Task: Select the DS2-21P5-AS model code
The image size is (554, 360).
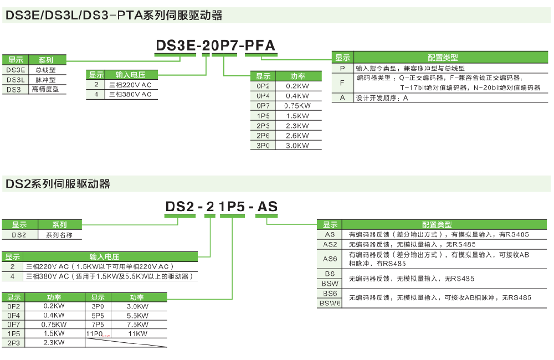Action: coord(222,207)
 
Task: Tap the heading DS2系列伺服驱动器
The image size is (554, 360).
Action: coord(58,184)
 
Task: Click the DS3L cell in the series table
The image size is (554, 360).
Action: coord(16,79)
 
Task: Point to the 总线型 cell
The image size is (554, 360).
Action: coord(45,70)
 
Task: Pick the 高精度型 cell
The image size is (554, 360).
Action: coord(45,89)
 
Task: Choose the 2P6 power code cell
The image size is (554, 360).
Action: coord(263,136)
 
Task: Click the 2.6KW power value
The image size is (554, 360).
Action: coord(297,136)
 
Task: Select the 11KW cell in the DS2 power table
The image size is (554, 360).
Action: coord(137,334)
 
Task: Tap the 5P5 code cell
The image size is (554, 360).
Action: coord(98,315)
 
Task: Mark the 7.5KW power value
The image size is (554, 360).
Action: coord(137,325)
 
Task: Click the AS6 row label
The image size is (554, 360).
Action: coord(330,259)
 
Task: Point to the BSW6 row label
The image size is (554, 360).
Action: coord(330,303)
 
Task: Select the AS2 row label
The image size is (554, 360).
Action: coord(330,244)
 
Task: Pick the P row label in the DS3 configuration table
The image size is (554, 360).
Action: coord(342,68)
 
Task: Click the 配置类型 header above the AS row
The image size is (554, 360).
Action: coord(437,225)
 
